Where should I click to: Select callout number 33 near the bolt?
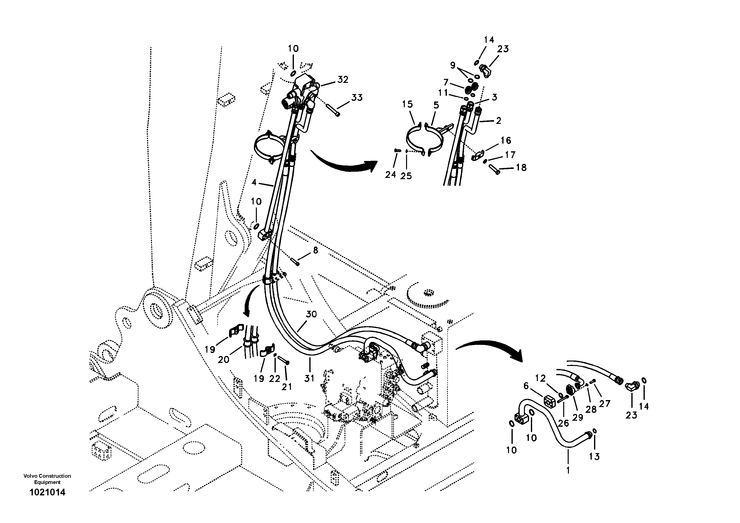click(x=357, y=97)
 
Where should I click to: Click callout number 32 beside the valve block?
click(x=343, y=79)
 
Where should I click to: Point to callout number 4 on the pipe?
click(x=254, y=182)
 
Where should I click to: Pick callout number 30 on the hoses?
click(x=311, y=314)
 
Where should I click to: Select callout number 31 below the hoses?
click(x=309, y=378)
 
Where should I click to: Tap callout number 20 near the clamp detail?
click(x=223, y=359)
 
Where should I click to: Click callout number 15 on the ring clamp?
click(x=407, y=104)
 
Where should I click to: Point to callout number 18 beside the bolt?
click(x=521, y=167)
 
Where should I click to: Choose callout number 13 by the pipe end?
click(x=594, y=456)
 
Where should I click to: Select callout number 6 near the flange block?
click(x=526, y=386)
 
